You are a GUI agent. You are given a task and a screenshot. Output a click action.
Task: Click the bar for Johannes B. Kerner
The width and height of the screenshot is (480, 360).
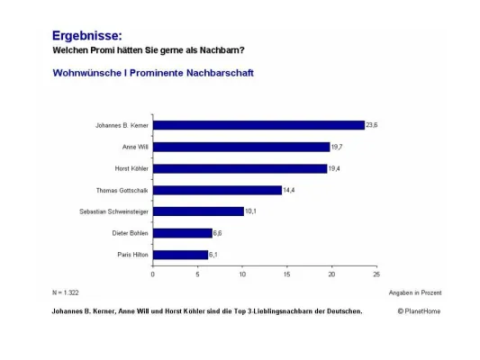[258, 125]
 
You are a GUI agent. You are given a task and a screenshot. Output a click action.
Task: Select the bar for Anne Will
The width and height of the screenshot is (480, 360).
[240, 147]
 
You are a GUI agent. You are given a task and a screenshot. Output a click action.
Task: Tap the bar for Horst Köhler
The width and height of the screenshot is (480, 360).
[239, 168]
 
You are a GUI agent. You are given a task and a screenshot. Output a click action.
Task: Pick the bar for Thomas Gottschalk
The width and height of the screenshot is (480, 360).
[217, 190]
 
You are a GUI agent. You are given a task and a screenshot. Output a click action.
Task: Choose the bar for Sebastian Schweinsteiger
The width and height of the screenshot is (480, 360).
[197, 211]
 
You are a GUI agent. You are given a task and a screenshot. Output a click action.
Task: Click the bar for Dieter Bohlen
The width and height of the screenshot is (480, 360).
[182, 233]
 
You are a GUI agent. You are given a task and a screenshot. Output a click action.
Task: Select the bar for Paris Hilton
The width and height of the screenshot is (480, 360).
[179, 255]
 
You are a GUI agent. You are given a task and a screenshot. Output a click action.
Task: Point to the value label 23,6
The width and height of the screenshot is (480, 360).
[371, 125]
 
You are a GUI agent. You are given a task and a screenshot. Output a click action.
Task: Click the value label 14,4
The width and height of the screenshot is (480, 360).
[289, 190]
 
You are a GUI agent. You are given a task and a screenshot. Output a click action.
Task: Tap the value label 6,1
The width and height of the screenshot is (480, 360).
[215, 255]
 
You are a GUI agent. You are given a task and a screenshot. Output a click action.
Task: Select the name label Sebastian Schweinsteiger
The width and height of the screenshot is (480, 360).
[114, 211]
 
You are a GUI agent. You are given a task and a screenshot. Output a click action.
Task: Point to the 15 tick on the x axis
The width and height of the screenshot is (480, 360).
[286, 274]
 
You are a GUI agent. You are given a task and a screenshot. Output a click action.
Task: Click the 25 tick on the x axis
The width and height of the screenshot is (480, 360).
[376, 274]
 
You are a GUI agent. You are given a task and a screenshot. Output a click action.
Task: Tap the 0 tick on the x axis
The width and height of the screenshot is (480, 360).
[152, 274]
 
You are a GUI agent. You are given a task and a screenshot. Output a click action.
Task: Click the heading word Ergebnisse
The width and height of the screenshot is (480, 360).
[87, 36]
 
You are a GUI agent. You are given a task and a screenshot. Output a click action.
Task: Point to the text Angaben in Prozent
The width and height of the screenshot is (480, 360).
[415, 293]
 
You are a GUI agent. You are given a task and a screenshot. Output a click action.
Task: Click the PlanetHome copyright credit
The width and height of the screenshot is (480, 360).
[420, 311]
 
